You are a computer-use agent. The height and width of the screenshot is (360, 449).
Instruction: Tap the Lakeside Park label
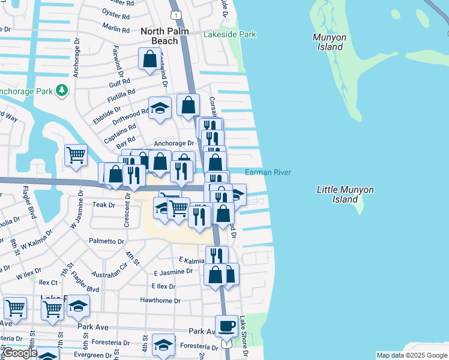(x=230, y=35)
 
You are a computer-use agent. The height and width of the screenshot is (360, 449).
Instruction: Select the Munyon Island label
(x=330, y=42)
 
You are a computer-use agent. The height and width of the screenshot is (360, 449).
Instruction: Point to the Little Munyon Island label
(x=345, y=194)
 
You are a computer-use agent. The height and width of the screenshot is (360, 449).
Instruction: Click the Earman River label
(x=268, y=173)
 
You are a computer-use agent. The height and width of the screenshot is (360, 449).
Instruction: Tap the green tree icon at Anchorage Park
(x=61, y=91)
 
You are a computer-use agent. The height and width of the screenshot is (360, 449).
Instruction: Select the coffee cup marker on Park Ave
(x=226, y=326)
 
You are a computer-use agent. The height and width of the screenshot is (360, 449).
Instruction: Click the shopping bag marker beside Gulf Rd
(x=149, y=59)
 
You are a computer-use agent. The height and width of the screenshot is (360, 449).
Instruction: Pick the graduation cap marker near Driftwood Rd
(x=160, y=108)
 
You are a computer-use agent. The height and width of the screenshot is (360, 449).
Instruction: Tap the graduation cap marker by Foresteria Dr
(x=163, y=344)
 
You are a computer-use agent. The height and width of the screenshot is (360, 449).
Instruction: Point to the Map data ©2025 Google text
(x=411, y=355)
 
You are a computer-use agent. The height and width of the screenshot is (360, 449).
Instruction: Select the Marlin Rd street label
(x=116, y=28)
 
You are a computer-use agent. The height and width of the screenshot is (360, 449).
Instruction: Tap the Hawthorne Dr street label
(x=160, y=301)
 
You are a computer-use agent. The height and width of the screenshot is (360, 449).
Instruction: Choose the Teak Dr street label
(x=103, y=205)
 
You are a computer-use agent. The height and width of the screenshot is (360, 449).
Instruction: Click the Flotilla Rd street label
(x=122, y=96)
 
